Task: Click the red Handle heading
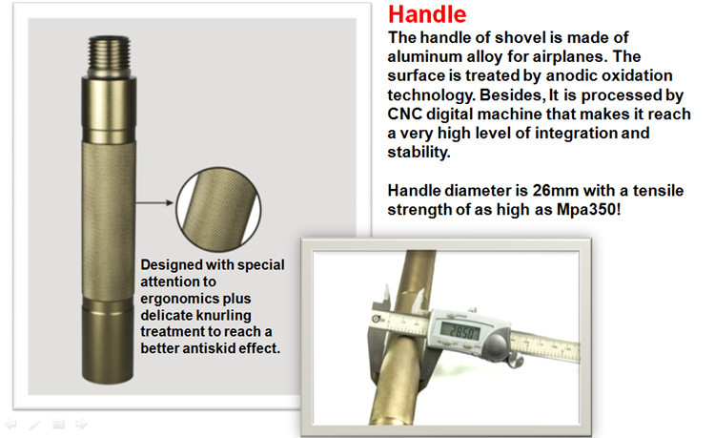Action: coord(427,14)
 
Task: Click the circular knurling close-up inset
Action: coord(218,209)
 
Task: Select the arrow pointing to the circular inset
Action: coord(154,202)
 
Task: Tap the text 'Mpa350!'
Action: coord(588,209)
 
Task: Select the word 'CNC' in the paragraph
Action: coord(404,115)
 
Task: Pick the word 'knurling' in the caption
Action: coord(224,315)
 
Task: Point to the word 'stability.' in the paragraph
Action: coord(419,152)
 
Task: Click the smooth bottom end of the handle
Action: coord(108,346)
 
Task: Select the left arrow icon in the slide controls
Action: coord(10,425)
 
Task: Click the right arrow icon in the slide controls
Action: coord(82,424)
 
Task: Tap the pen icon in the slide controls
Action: coord(34,426)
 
